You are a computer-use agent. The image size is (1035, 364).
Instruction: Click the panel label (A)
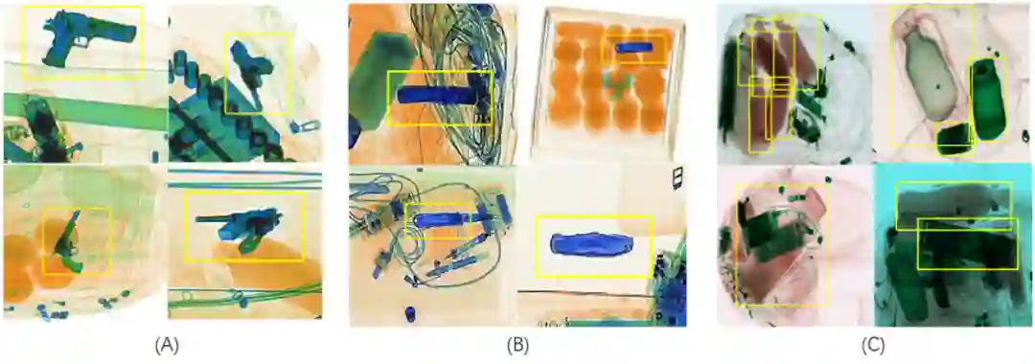pos(167,344)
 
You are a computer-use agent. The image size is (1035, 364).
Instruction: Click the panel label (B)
pos(517,344)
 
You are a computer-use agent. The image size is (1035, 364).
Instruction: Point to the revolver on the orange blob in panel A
pos(68,241)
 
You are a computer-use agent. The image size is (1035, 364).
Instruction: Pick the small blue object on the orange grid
pos(633,48)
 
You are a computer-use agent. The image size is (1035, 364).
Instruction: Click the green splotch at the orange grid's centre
pos(616,85)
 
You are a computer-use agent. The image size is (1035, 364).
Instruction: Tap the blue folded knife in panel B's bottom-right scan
pos(589,243)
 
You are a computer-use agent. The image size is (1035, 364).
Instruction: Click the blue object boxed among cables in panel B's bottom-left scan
pos(441,220)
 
